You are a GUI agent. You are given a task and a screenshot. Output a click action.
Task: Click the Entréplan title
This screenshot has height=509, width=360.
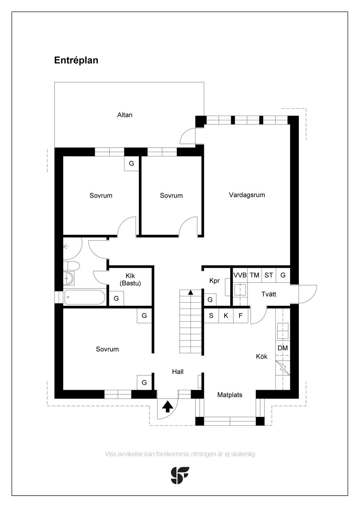click(x=76, y=60)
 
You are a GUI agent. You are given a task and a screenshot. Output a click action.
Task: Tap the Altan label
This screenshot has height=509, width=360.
click(x=125, y=115)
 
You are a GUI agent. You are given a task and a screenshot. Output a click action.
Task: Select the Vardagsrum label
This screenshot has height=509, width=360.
click(x=247, y=195)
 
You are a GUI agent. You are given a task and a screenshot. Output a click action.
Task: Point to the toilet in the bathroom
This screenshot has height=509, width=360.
click(x=71, y=265)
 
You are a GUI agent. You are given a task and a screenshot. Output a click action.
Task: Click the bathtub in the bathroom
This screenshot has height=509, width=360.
click(x=84, y=297)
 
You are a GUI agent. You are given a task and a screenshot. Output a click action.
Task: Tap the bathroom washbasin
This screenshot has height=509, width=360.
click(x=69, y=278)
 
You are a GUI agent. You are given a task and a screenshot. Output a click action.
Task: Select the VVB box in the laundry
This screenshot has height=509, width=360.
click(x=240, y=275)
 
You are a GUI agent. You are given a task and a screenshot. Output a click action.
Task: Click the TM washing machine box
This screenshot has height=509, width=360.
click(x=255, y=275)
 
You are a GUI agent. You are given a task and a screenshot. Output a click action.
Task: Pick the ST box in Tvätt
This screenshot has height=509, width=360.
click(x=269, y=275)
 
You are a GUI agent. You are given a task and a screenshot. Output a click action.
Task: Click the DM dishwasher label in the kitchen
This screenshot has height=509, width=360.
click(x=283, y=348)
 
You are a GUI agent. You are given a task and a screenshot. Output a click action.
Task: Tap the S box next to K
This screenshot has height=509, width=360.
click(x=211, y=315)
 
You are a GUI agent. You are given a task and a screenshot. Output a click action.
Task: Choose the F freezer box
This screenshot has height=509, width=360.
click(x=240, y=315)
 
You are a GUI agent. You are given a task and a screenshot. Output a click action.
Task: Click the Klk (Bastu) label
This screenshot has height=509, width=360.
click(x=130, y=279)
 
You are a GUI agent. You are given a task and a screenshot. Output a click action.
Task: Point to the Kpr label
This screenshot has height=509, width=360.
click(x=214, y=281)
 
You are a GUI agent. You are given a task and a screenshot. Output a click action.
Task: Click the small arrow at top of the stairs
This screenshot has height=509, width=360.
click(x=191, y=292)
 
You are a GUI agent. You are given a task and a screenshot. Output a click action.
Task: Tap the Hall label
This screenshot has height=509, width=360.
click(x=178, y=372)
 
